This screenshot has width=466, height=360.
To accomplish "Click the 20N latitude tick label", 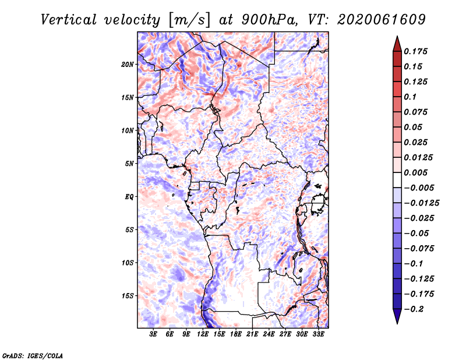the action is (x=128, y=65).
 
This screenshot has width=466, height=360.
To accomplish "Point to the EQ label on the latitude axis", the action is (x=129, y=197).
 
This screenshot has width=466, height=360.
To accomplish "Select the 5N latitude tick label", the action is (x=129, y=164).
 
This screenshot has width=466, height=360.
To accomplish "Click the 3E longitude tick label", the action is (x=153, y=334).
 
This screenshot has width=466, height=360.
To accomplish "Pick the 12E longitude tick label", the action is (x=202, y=334).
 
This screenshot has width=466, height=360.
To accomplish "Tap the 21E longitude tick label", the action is (x=252, y=334).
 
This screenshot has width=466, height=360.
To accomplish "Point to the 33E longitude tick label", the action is (x=318, y=334).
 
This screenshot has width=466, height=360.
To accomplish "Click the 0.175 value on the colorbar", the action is (x=415, y=51).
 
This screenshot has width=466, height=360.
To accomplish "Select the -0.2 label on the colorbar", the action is (x=414, y=309).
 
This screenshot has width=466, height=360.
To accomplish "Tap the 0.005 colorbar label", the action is (x=415, y=172).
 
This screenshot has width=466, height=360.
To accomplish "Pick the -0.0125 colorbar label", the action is (x=422, y=203).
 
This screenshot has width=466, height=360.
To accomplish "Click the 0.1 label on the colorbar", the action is (x=410, y=97).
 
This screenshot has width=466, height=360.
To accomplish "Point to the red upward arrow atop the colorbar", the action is (x=397, y=44).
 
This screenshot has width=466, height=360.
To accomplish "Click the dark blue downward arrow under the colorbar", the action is (x=397, y=316).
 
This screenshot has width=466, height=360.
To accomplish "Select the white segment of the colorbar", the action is (x=397, y=180).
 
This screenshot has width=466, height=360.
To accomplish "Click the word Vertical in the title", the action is (x=69, y=20).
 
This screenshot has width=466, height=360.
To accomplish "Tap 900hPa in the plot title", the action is (x=269, y=20).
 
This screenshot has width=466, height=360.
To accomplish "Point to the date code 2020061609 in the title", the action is (x=382, y=20).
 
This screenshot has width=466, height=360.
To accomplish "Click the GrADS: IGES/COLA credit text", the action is (x=33, y=355).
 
